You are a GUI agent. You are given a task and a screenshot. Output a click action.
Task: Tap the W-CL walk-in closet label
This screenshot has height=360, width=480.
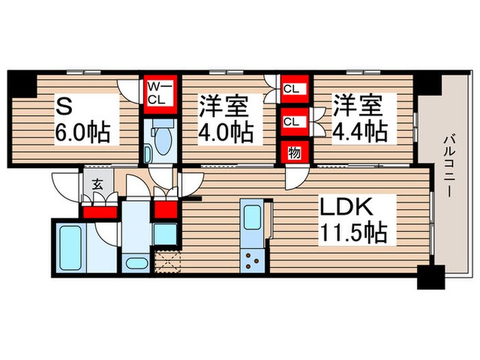[x=160, y=92]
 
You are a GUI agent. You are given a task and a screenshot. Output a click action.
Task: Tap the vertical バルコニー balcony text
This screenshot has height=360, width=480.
[x=449, y=165]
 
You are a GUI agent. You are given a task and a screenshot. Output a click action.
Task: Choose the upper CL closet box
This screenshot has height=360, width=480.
[x=291, y=88]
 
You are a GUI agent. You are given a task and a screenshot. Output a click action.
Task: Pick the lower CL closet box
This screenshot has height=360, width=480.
[x=291, y=122]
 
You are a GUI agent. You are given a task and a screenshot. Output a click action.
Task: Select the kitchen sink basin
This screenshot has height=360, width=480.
[x=251, y=219]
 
